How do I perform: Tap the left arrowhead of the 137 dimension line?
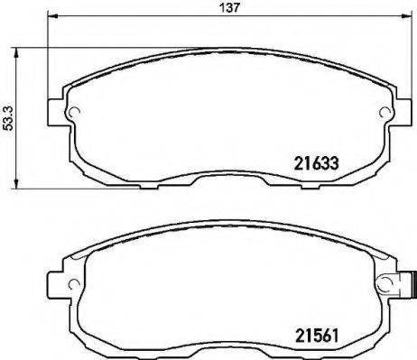(51, 17)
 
